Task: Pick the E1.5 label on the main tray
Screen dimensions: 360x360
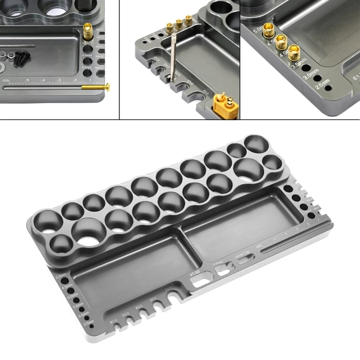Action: coord(113,321)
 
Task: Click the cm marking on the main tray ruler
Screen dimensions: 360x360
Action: coord(259,246)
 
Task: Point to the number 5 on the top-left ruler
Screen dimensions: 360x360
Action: coord(28,81)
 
